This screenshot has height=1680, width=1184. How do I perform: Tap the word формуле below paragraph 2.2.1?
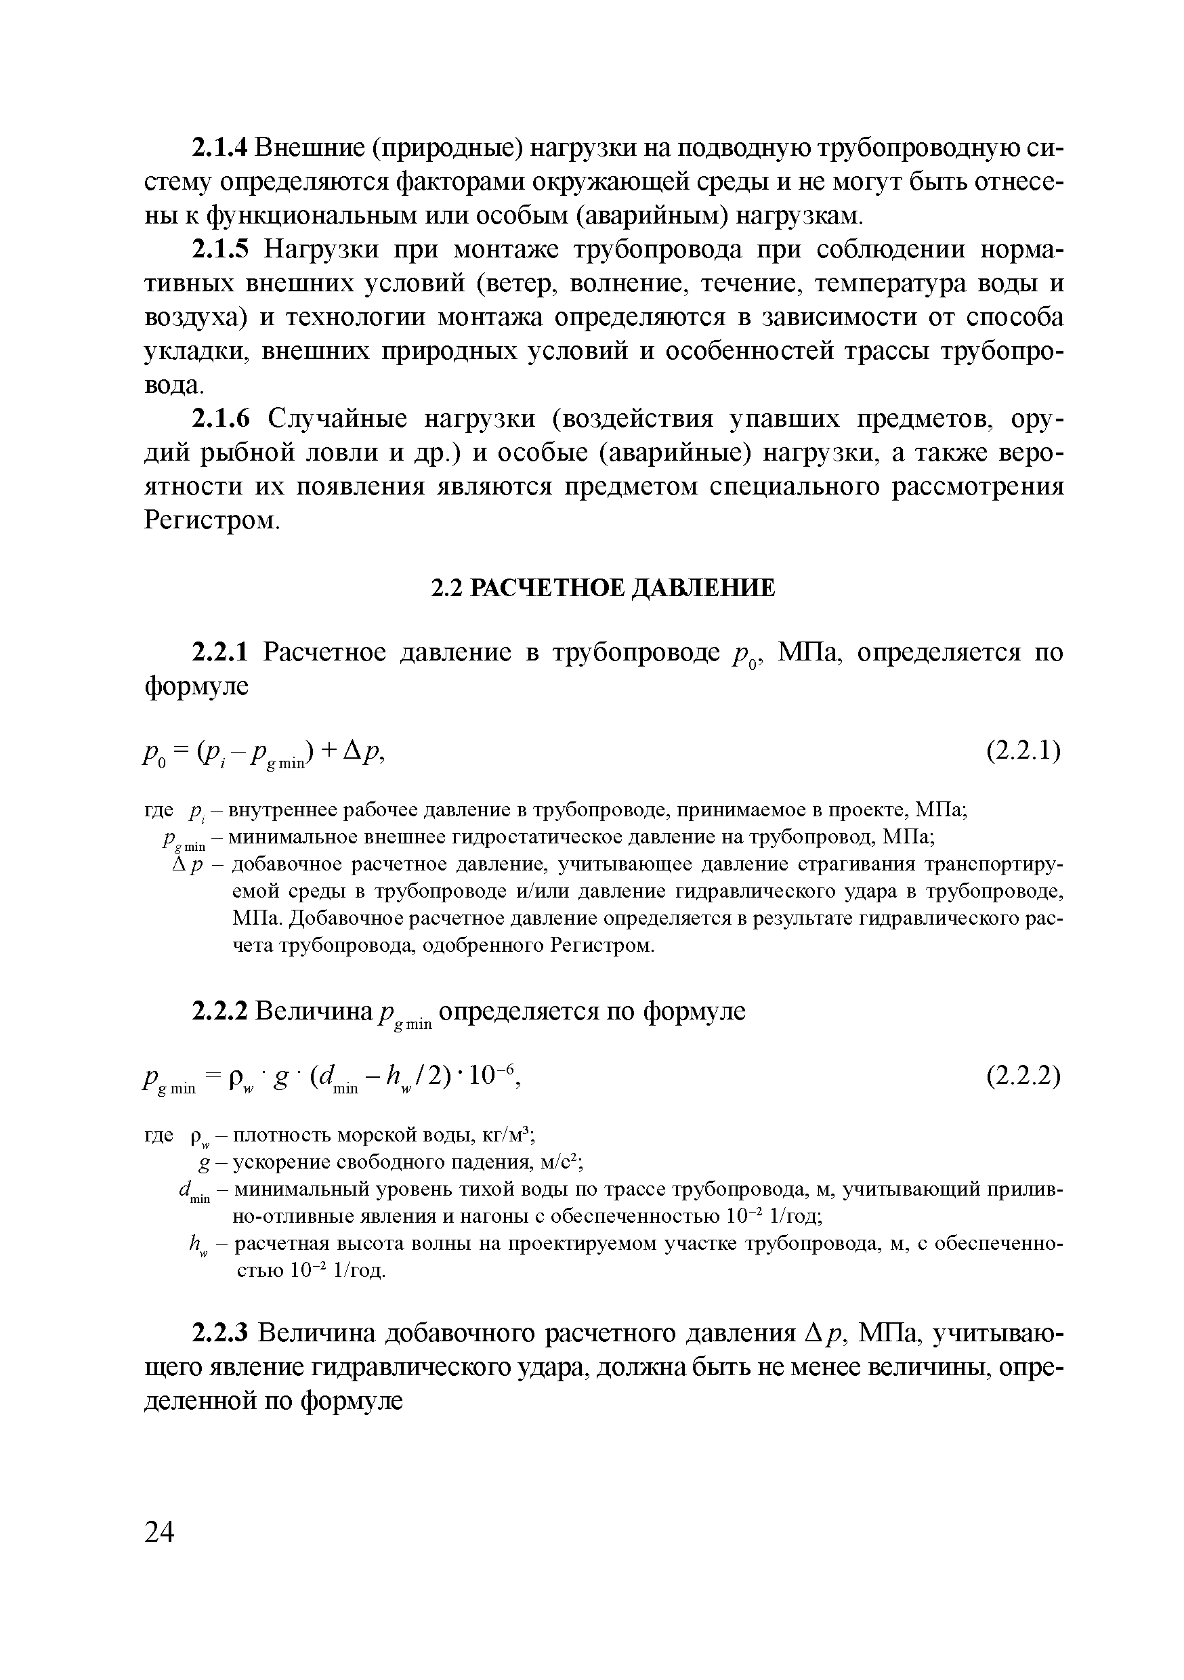[x=196, y=686]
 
